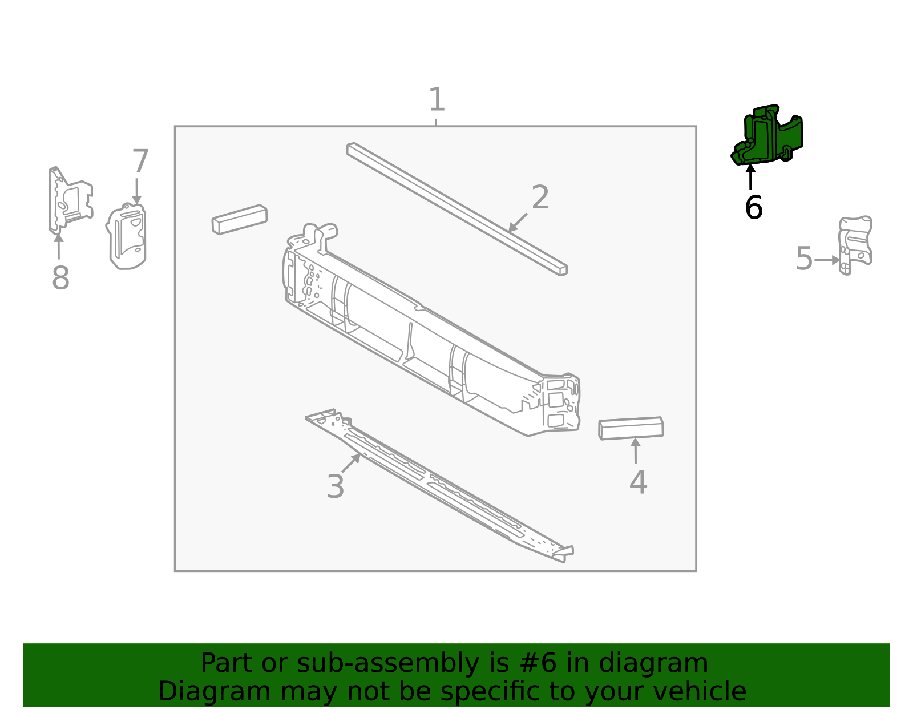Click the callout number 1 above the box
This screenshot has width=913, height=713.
coord(437,100)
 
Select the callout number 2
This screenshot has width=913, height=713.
coord(540,198)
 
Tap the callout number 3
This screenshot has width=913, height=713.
coord(336,487)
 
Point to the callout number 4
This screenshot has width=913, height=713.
coord(638,482)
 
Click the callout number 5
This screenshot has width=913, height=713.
coord(803,259)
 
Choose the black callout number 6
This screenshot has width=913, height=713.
coord(753,208)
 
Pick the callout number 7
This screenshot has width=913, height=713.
coord(140,162)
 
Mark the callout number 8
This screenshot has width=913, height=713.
coord(60,279)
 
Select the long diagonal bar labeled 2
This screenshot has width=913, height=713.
coord(457,208)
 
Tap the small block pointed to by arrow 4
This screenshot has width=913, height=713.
coord(631,428)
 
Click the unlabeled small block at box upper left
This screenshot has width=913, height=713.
coord(240,219)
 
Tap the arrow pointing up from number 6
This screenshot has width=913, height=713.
coord(751,176)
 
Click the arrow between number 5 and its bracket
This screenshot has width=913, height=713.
coord(827,260)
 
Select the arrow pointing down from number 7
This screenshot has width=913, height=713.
coord(136,191)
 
